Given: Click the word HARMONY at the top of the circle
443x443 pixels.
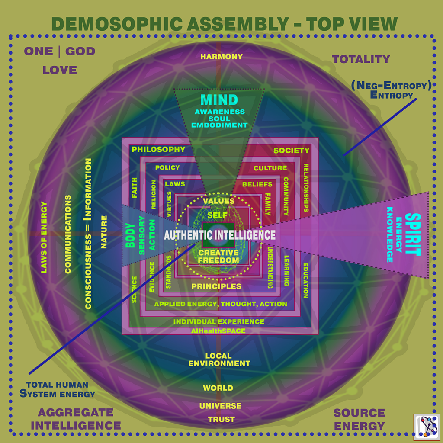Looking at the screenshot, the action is pos(221,57).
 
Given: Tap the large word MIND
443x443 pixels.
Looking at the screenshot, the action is pos(219,100).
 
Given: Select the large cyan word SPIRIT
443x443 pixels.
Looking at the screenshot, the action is pos(413,234).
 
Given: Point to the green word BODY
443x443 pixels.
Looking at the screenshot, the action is pos(131,235).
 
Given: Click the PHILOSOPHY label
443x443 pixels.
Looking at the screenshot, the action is pos(158,149).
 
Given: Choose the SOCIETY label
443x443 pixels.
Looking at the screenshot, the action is pos(292,150).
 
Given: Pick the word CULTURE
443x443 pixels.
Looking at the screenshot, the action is pos(270,168).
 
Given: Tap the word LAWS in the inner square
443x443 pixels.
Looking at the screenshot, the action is pos(175,184).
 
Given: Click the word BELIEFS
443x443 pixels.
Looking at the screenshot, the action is pos(257,184).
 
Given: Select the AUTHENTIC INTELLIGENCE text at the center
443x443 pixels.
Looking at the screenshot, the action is pos(220,235).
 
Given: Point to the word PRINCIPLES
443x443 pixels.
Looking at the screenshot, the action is pos(216,286).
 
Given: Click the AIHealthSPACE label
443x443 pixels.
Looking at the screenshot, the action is pos(218,331).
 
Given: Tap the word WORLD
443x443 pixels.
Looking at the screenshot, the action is pos(218,388).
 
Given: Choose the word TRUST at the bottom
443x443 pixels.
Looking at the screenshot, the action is pos(221,420).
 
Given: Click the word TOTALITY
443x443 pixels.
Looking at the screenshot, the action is pos(361,59).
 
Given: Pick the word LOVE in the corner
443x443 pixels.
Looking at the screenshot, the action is pos(60,70).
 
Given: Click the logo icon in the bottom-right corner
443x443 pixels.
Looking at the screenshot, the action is pos(427,427).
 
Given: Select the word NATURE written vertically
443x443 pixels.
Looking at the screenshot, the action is pos(104,232).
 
